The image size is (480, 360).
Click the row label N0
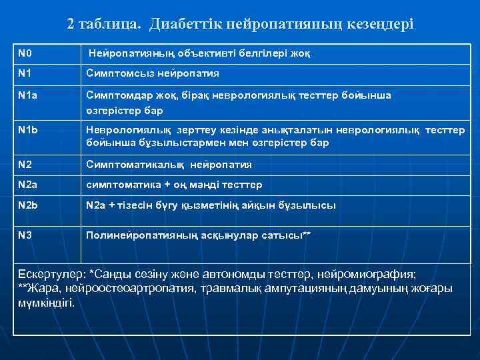25,52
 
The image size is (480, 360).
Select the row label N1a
27,95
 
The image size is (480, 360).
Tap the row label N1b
27,130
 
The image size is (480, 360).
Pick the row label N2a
27,184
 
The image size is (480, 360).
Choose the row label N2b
27,205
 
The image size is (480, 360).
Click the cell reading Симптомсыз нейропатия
153,73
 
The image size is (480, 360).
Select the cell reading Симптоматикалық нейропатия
169,164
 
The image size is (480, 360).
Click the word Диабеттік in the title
185,24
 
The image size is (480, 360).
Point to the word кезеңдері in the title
382,24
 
